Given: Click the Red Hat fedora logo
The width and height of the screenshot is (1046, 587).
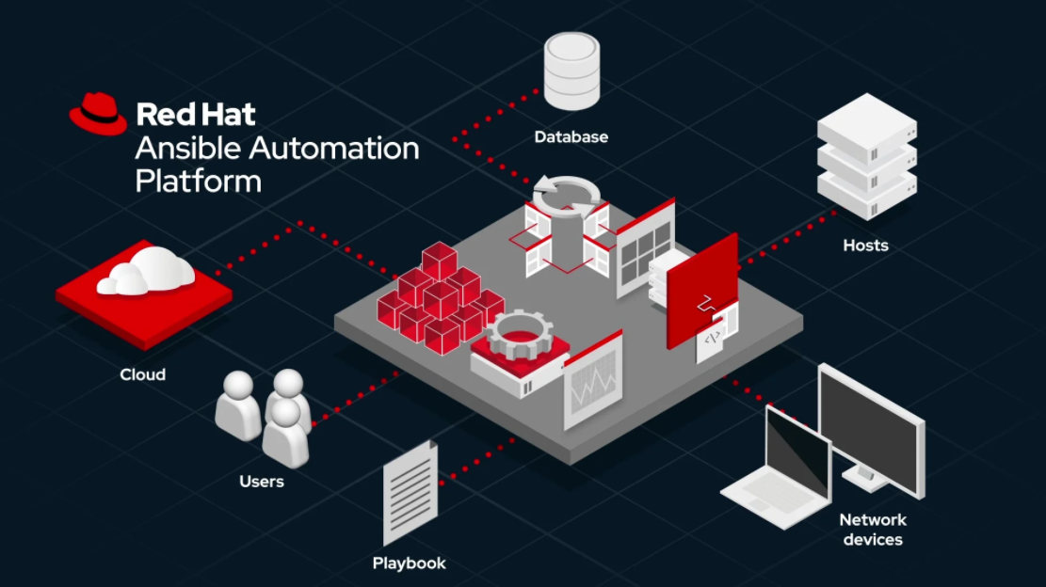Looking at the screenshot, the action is tap(98, 114).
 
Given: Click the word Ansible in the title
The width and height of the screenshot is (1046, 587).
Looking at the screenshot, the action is tap(187, 148).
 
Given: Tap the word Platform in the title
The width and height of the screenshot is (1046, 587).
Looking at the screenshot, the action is tap(198, 182).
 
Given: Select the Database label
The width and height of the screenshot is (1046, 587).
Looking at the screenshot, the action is tap(571, 137).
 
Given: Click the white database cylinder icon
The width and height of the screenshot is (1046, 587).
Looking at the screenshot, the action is tap(571, 71).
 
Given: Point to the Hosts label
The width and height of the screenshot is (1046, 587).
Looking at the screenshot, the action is tap(865, 246).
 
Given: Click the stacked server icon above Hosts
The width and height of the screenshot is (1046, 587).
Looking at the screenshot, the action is tap(867, 156).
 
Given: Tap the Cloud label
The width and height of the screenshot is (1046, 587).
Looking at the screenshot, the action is tap(143, 374).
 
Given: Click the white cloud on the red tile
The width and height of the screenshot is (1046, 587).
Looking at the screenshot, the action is tap(146, 271).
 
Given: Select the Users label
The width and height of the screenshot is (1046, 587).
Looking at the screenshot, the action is tap(262, 481).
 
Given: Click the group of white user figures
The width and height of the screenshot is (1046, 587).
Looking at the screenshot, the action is tap(264, 418).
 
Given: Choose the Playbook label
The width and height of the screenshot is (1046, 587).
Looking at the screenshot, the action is tap(409, 563).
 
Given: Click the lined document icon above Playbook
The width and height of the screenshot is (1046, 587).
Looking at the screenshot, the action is tap(410, 492).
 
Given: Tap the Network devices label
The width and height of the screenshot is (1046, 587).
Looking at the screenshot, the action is tap(873, 530).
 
